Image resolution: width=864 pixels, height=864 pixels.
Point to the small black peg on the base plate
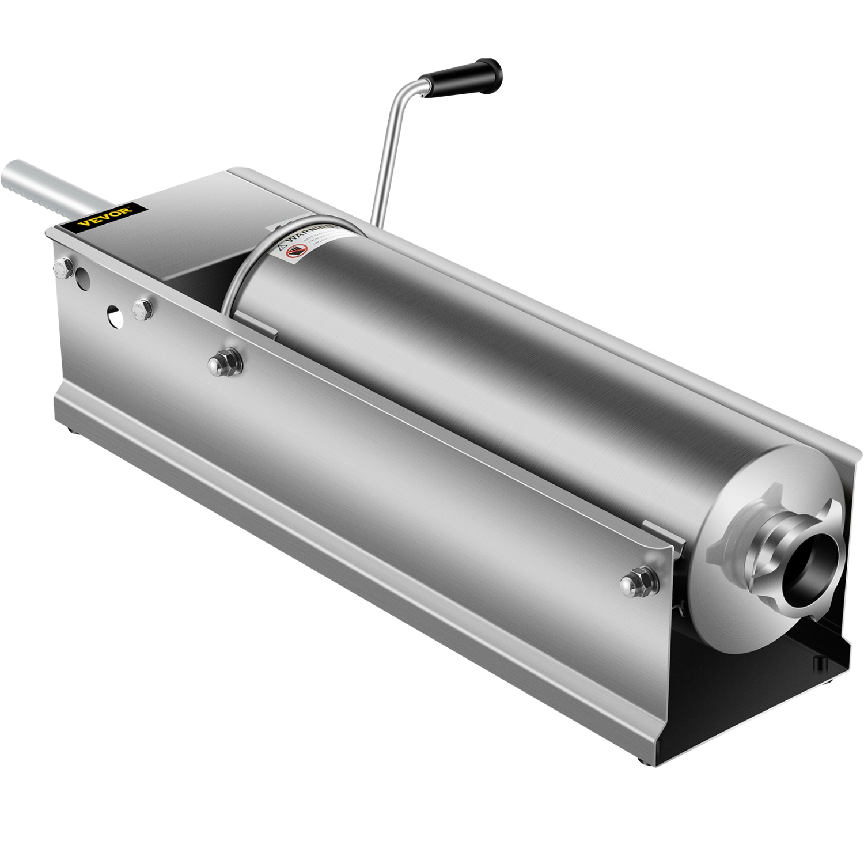(x=817, y=662)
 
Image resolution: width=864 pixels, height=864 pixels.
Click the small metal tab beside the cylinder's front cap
(x=662, y=528)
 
